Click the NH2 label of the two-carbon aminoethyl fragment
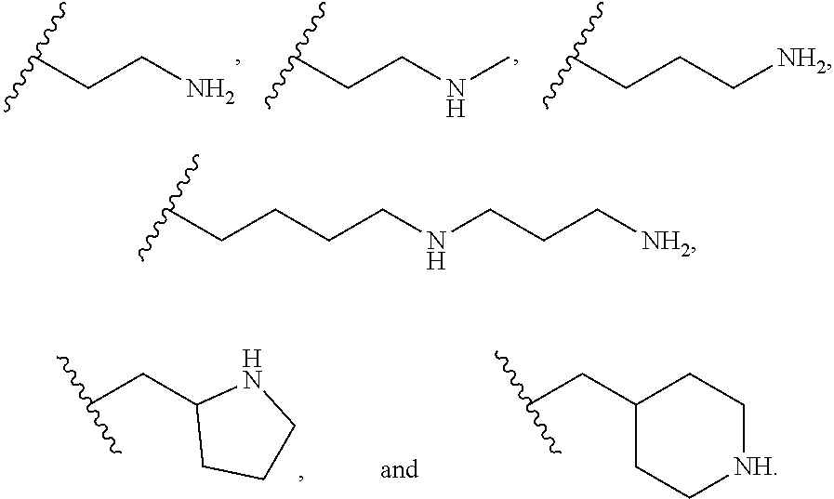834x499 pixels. pos(210,90)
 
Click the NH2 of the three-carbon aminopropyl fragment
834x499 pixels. pos(799,61)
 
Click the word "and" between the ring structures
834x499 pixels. pos(399,470)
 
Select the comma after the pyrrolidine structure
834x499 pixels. pos(300,478)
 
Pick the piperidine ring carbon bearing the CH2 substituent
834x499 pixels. pos(634,406)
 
